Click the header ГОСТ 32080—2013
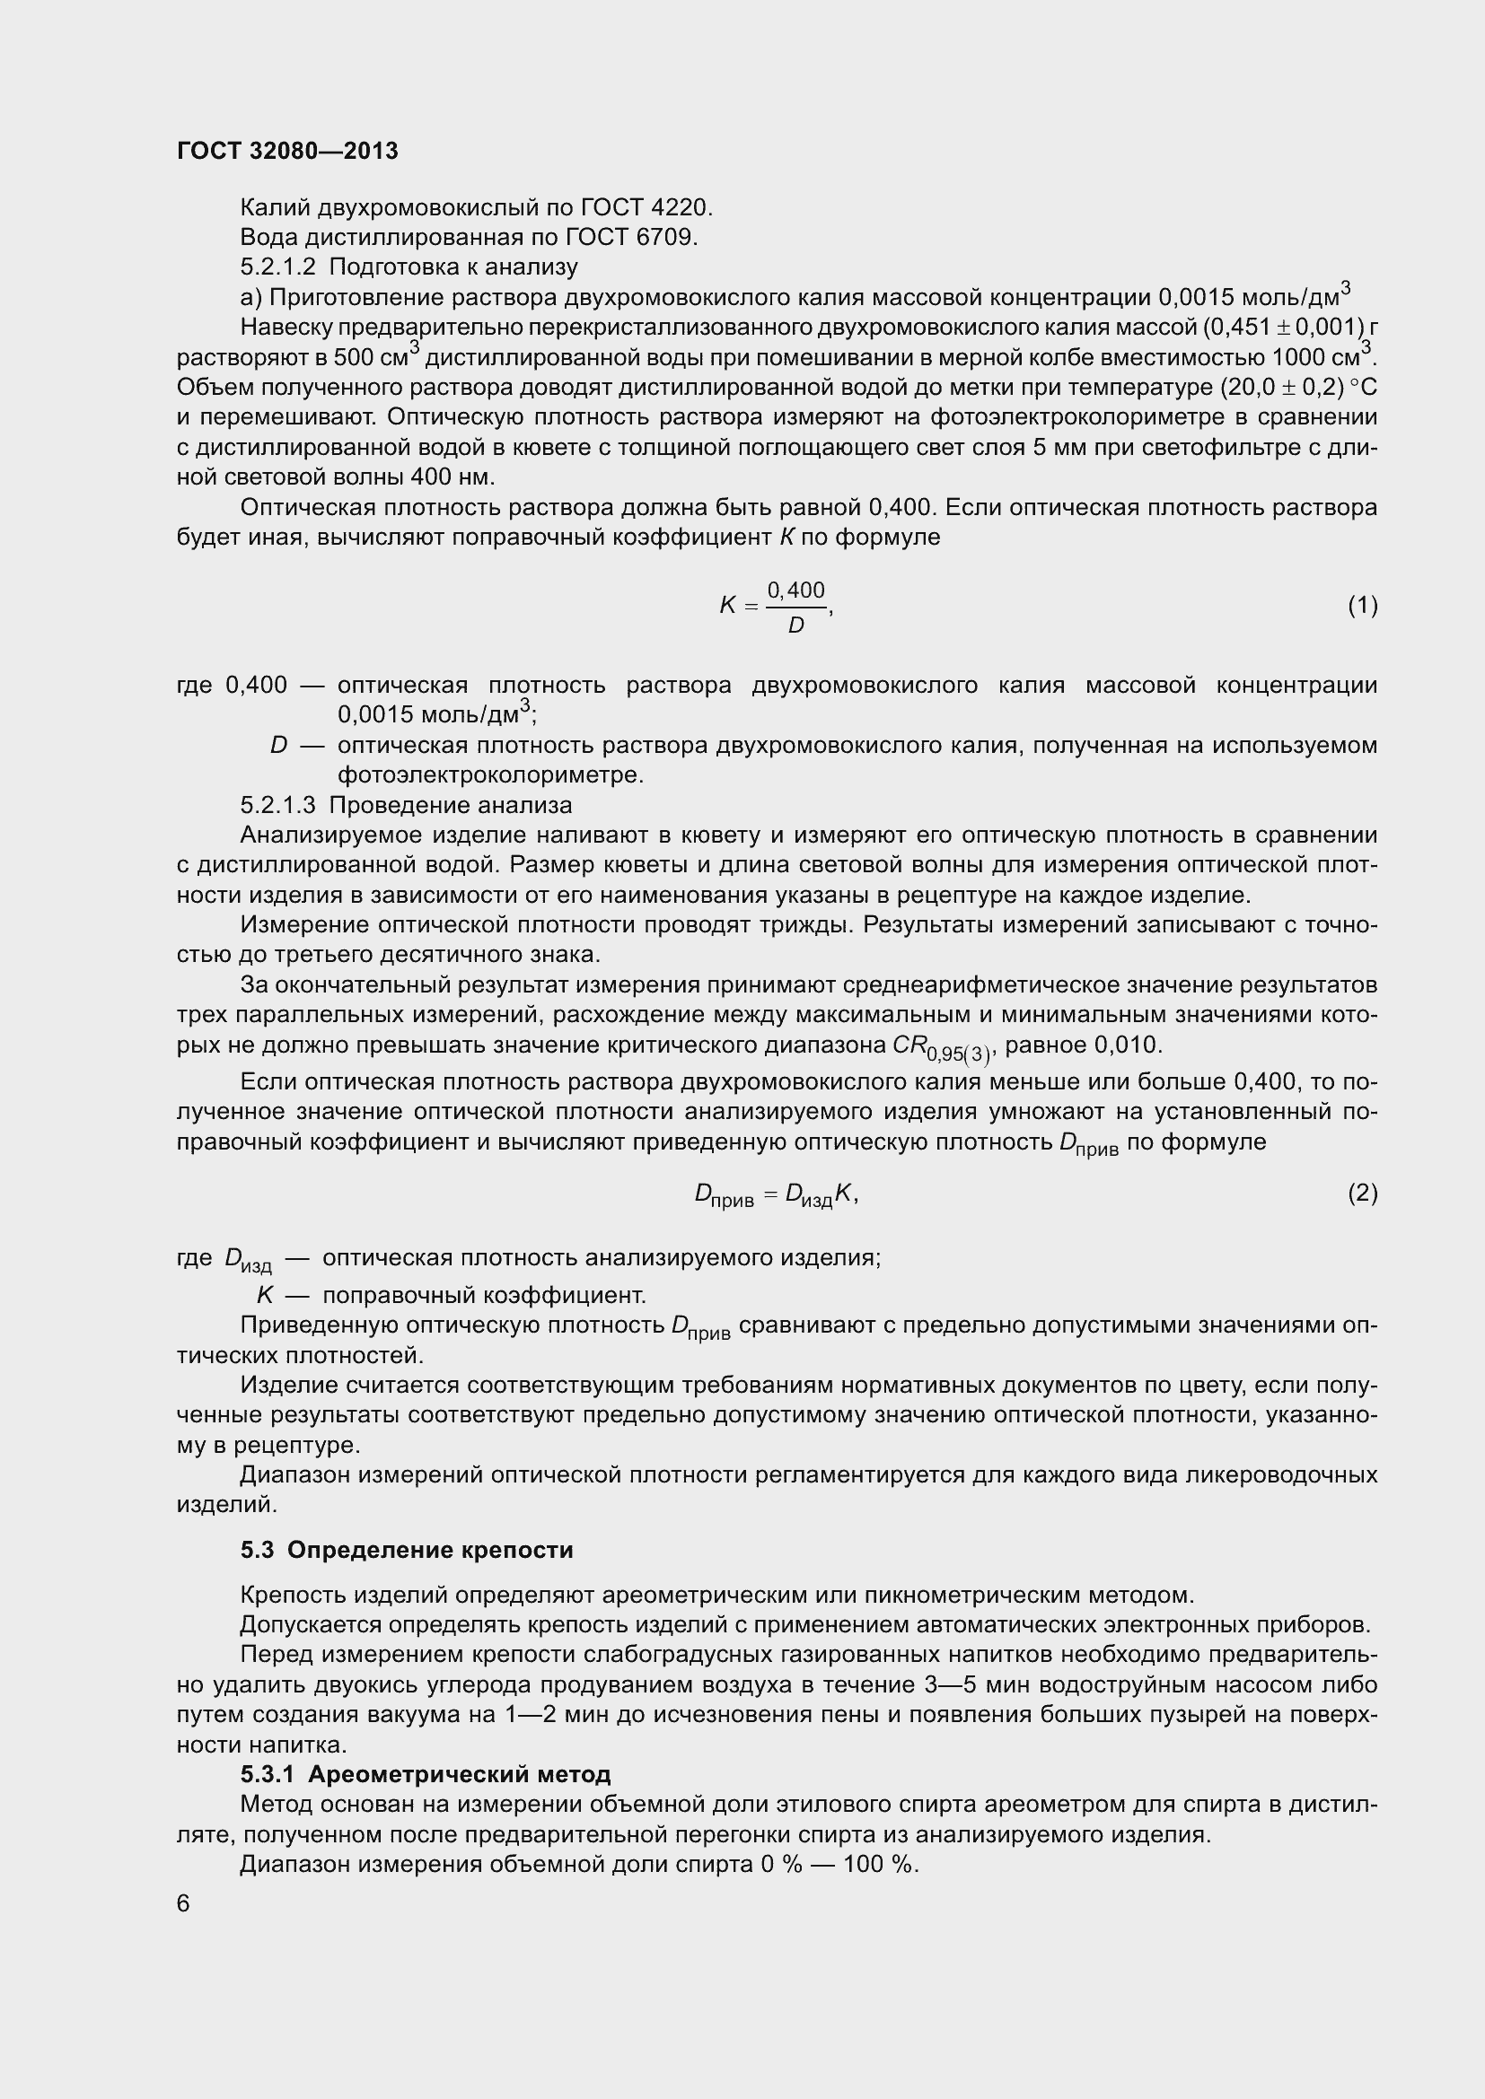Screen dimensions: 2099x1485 [x=287, y=152]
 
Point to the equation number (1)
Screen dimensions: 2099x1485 [x=1362, y=605]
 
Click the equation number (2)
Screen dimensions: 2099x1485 [x=1362, y=1193]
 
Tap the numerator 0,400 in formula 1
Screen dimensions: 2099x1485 [x=795, y=590]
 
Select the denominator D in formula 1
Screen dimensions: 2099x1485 [x=795, y=626]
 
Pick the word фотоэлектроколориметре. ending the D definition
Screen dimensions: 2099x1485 [x=490, y=776]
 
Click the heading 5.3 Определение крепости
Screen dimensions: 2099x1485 [x=407, y=1550]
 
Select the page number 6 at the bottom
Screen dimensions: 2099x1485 [x=183, y=1903]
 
